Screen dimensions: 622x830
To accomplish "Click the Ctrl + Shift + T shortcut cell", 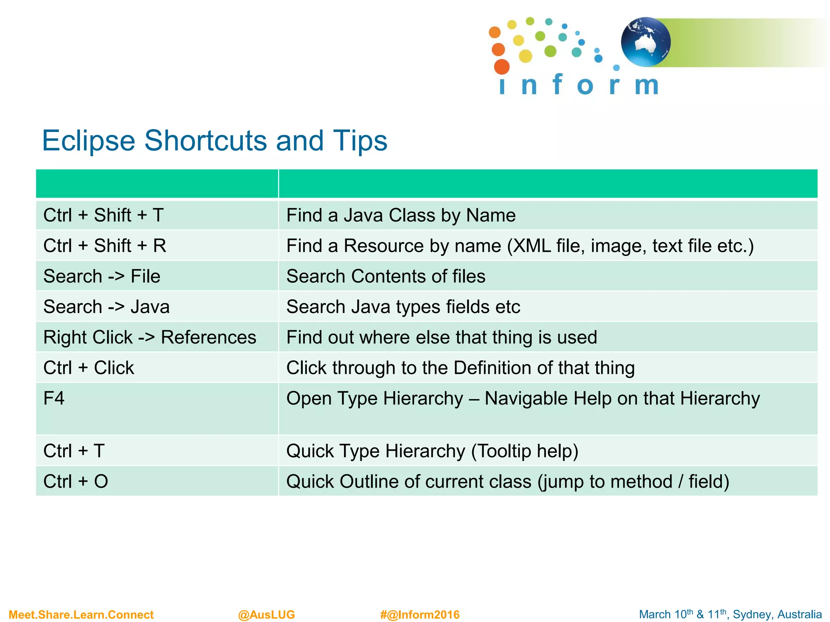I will click(x=104, y=215).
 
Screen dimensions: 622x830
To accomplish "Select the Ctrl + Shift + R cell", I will click(x=105, y=246).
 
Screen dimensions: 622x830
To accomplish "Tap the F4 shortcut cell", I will click(x=54, y=398).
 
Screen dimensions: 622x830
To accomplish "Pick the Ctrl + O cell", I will click(x=76, y=481).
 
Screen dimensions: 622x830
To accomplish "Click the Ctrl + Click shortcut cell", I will click(x=89, y=368).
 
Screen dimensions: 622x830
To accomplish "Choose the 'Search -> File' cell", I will click(x=102, y=276).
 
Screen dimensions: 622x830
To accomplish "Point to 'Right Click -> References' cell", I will click(x=150, y=337).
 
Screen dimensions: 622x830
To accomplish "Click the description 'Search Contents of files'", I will click(x=386, y=276).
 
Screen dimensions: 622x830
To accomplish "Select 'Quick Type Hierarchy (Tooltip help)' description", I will click(x=432, y=451).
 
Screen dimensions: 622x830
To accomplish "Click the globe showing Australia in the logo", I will click(x=646, y=42).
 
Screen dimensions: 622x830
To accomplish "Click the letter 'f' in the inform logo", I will click(x=557, y=84).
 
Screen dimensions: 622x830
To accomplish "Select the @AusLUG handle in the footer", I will click(x=266, y=615).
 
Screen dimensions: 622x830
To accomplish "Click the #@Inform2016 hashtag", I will click(x=420, y=615).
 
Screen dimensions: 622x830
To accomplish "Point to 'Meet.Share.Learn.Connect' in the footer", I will click(x=81, y=615).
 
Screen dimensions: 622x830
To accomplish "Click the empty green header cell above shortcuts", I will click(x=157, y=184).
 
